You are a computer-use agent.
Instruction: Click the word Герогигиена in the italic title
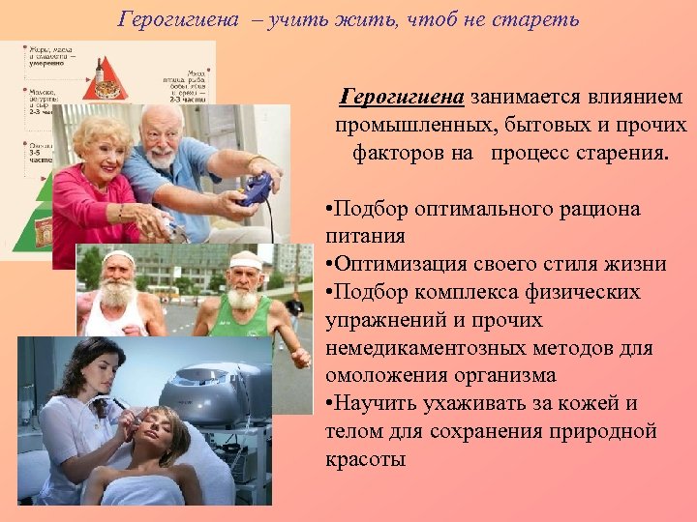[178, 19]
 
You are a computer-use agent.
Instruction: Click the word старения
[623, 152]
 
